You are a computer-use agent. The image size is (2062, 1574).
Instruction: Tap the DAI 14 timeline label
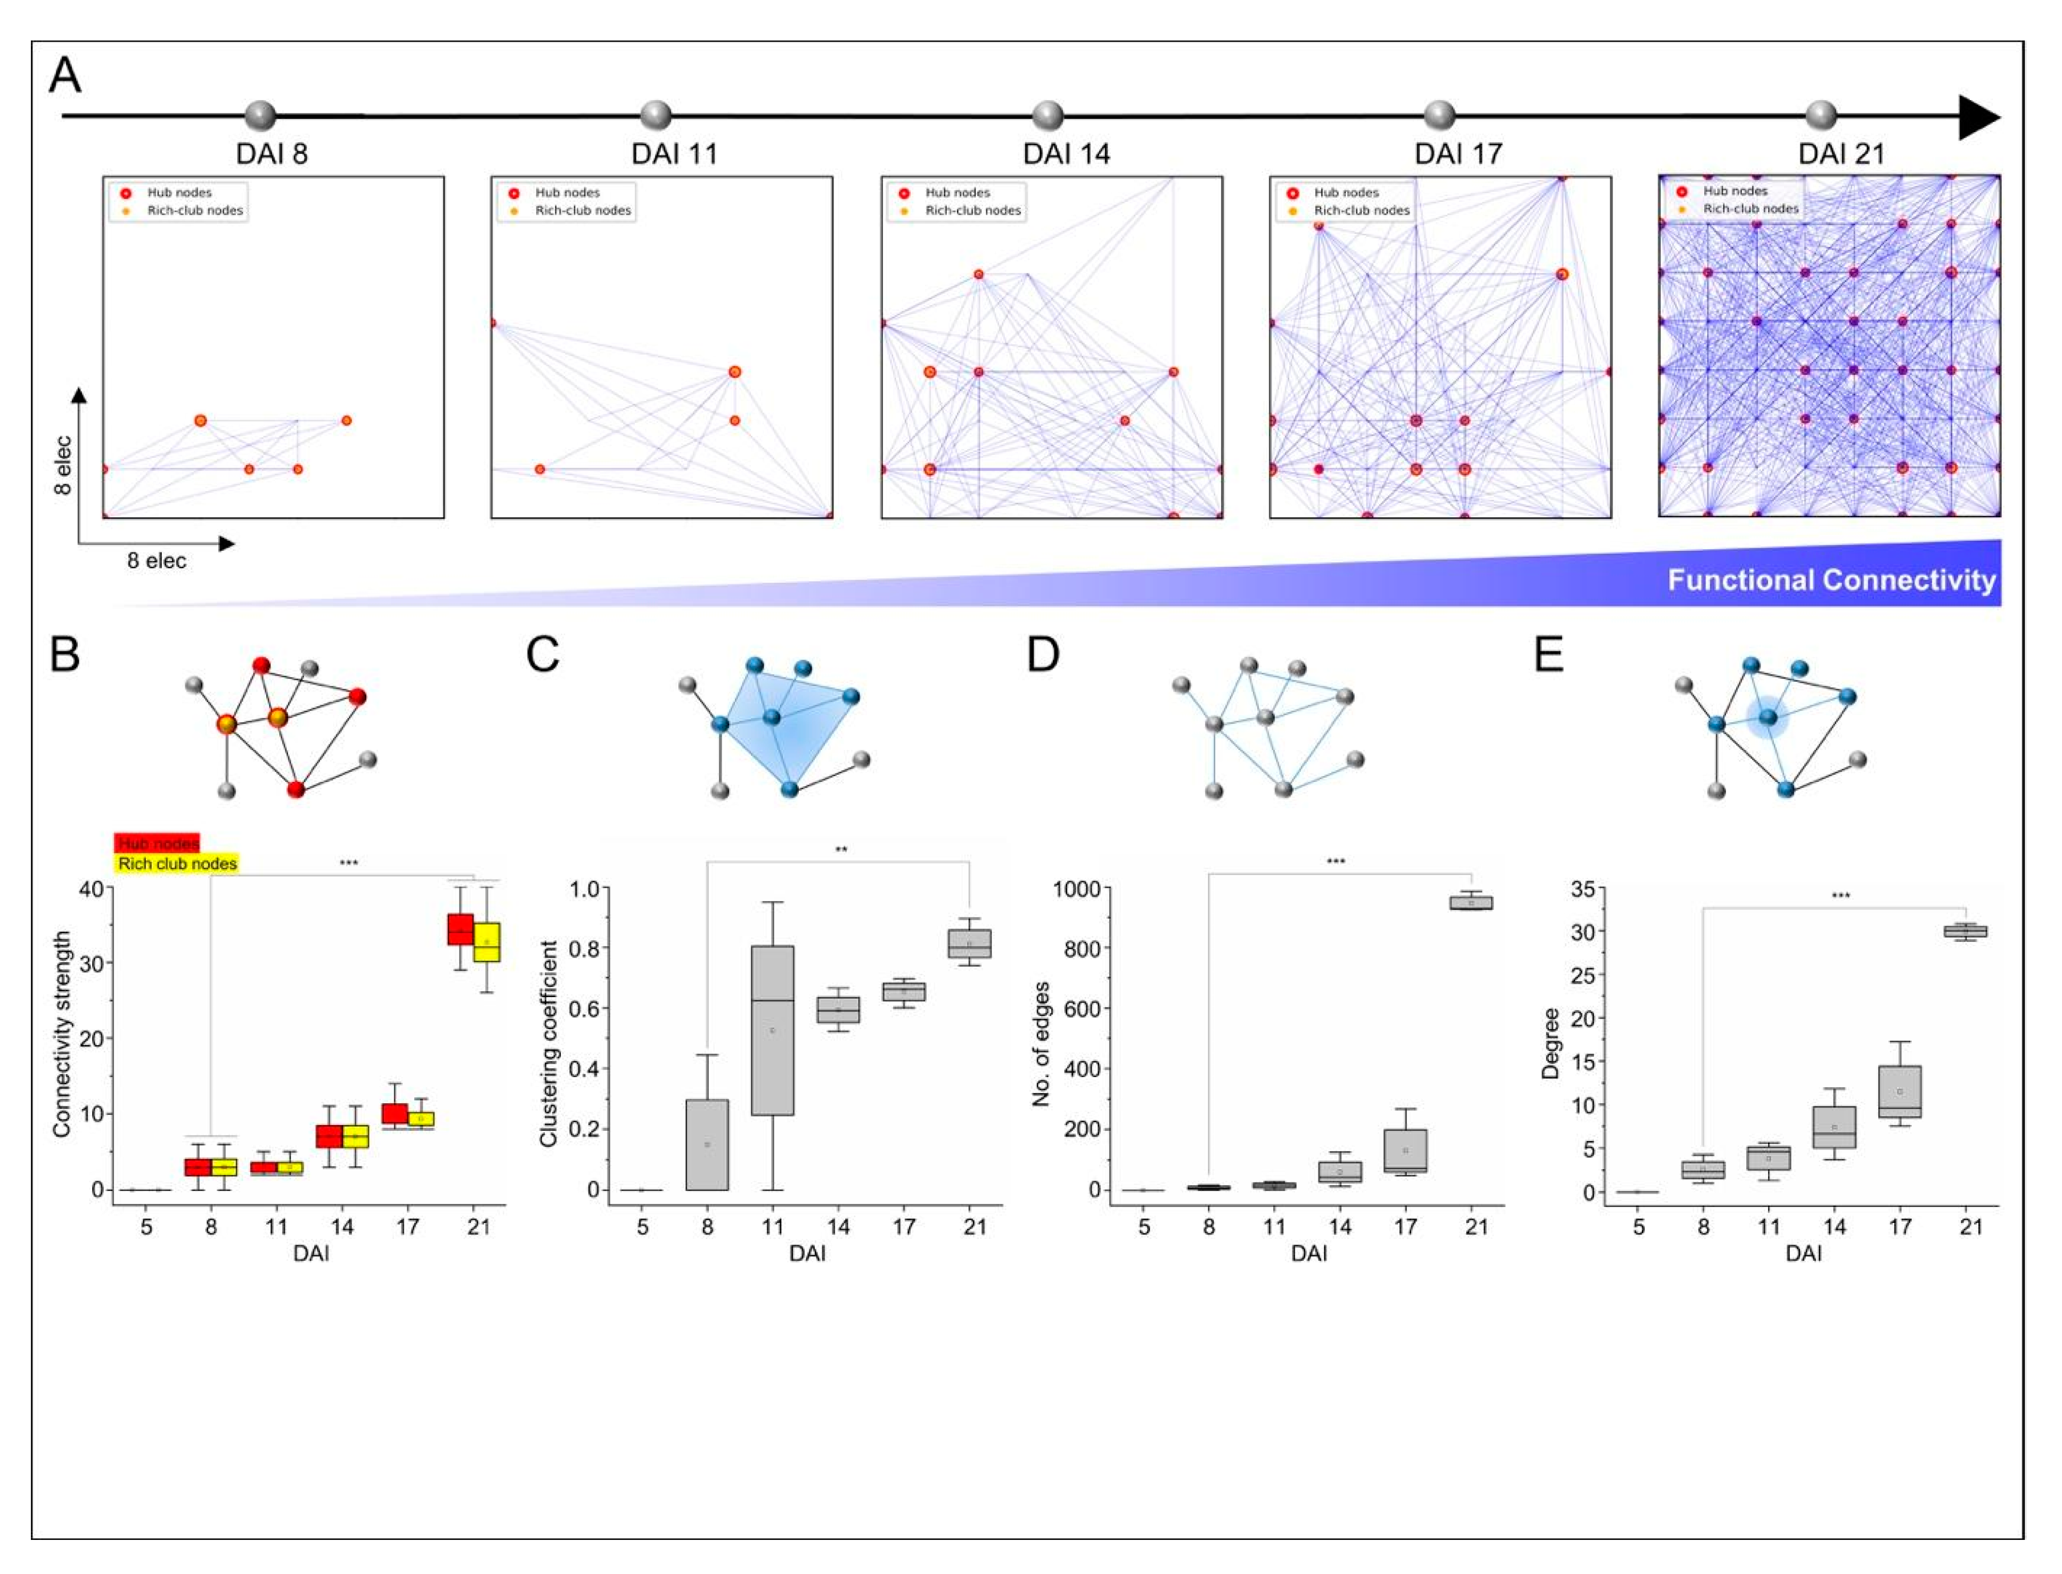[1066, 153]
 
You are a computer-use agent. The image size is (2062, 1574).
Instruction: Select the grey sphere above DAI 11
[656, 116]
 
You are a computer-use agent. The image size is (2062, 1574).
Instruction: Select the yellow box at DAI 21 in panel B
[486, 942]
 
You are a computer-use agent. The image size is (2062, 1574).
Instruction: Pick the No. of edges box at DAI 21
[1471, 902]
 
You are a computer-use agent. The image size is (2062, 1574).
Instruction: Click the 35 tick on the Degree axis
[1583, 888]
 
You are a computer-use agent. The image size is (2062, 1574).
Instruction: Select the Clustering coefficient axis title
[549, 1043]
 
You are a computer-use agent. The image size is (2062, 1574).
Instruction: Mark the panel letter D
[1043, 654]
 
